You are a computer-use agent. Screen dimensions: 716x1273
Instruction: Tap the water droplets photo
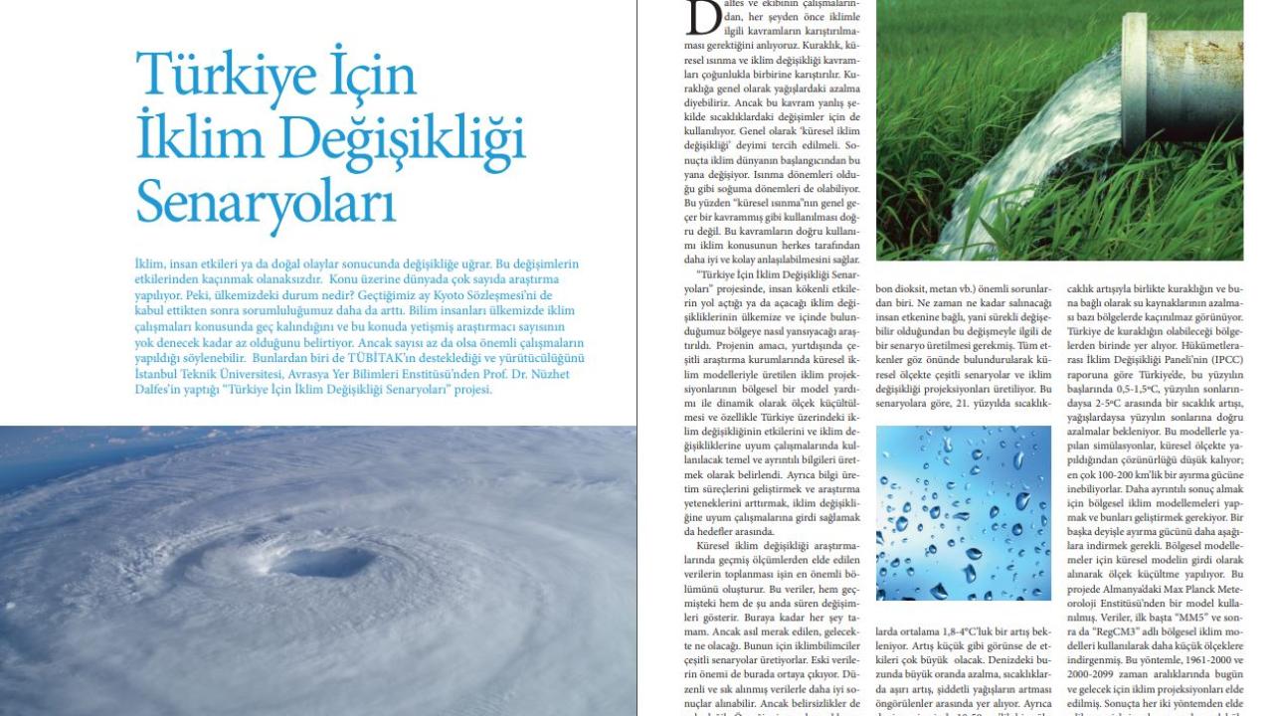963,513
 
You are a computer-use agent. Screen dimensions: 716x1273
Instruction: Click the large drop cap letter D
703,18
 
